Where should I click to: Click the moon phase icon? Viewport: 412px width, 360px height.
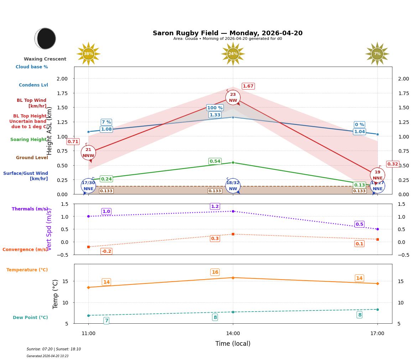[x=45, y=38]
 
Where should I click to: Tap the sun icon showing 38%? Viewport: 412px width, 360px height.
[x=88, y=54]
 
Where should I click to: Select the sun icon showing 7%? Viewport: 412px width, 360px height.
[x=377, y=54]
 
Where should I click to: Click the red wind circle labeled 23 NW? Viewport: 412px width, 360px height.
[x=233, y=98]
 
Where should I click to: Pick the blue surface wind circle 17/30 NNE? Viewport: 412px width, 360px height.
[x=88, y=186]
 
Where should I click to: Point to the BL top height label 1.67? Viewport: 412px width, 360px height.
[x=248, y=86]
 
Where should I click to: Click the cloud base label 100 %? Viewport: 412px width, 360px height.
[x=215, y=108]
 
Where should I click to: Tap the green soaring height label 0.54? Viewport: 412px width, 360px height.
[x=215, y=161]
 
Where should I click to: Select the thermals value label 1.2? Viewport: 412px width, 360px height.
[x=215, y=207]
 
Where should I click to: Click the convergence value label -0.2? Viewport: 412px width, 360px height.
[x=106, y=251]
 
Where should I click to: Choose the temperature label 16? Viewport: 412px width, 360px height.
[x=215, y=272]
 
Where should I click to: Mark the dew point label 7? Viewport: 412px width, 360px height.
[x=106, y=321]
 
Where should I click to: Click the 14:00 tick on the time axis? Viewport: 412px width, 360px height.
[x=233, y=334]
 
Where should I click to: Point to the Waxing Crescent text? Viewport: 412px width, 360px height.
[x=45, y=59]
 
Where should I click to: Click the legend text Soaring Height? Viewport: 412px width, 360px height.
[x=28, y=140]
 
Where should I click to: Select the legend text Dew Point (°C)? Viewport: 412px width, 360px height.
[x=30, y=318]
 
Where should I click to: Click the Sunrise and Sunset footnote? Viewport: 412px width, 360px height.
[x=54, y=349]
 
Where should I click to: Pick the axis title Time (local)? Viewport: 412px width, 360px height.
[x=233, y=344]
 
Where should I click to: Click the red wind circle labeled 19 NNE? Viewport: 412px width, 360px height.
[x=377, y=175]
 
